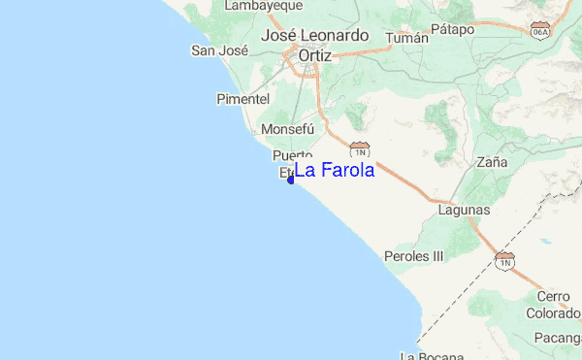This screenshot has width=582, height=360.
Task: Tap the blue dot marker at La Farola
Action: (x=291, y=180)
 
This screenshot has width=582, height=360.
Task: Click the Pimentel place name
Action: (x=242, y=99)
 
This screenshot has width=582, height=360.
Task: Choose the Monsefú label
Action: (x=287, y=129)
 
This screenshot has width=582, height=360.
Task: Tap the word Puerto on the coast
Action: (x=293, y=155)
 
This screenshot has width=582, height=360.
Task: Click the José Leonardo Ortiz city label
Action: (x=315, y=46)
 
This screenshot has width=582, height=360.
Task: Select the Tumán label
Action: (x=406, y=38)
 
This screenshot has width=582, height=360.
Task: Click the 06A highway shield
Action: (x=540, y=32)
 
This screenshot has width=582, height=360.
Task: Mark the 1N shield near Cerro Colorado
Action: (x=504, y=259)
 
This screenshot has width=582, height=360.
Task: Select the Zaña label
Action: (x=492, y=162)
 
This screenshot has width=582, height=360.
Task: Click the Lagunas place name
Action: (x=464, y=210)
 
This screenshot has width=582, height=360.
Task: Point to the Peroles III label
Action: (x=413, y=256)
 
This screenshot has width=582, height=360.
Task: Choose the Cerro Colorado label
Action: (x=553, y=305)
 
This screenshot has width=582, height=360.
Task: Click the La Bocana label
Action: (x=421, y=356)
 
